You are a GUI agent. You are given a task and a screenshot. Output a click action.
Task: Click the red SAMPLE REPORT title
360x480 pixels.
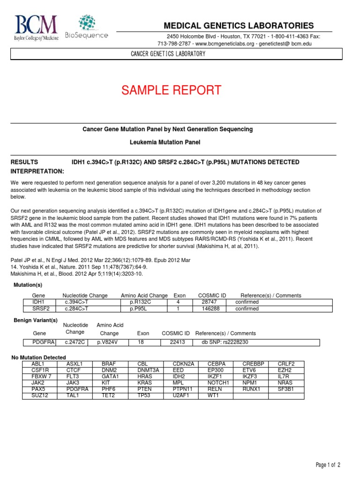[x=171, y=90]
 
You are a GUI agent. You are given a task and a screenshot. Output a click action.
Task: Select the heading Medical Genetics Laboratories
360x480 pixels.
[x=238, y=25]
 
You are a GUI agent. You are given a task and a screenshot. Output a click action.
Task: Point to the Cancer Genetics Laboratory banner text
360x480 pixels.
[x=167, y=54]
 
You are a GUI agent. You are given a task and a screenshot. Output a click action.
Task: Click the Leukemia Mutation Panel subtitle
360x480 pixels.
[x=167, y=142]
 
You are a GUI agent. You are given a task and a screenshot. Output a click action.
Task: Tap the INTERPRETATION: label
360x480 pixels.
[x=37, y=171]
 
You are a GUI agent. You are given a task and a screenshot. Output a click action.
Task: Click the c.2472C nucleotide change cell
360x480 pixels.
[x=75, y=342]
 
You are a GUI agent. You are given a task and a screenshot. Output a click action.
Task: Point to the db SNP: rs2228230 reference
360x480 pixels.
[x=225, y=342]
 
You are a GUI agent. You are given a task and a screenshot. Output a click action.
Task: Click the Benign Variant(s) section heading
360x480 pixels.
[x=36, y=320]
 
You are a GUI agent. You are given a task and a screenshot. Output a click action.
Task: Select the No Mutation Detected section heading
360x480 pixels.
[x=38, y=357]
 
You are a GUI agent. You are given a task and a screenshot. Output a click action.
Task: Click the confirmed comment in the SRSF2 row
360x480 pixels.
[x=247, y=309]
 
